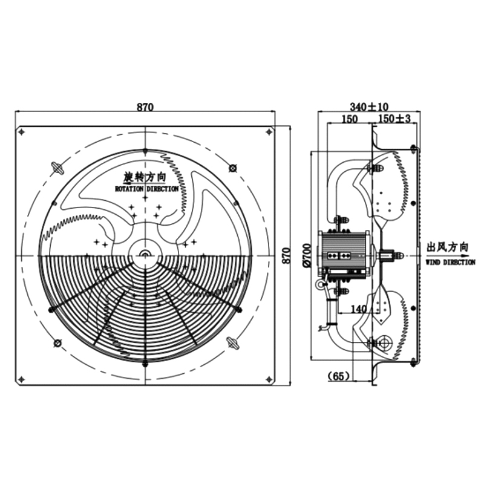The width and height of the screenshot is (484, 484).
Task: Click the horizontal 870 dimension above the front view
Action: [145, 107]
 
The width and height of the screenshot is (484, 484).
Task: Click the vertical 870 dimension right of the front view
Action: [287, 255]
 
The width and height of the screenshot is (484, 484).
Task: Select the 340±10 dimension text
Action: [369, 107]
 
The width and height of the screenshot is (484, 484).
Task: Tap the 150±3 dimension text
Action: [394, 119]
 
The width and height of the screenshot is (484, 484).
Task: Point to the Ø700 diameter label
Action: [307, 255]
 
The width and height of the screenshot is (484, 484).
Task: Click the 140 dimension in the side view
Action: [359, 309]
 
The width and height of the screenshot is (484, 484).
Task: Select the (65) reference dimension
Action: [339, 376]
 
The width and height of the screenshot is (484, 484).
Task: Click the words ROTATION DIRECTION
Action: [146, 189]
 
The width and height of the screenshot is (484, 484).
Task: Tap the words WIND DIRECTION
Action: [450, 263]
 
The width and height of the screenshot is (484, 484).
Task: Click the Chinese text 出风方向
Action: [447, 247]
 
